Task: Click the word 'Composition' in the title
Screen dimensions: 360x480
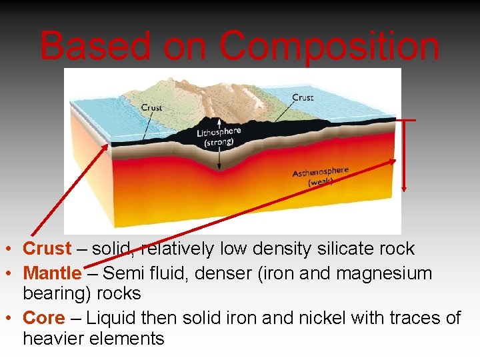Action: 329,47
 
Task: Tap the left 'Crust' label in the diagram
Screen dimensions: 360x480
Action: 151,107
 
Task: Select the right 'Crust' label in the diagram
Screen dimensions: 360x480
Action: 303,97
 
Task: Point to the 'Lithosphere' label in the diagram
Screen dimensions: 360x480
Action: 219,132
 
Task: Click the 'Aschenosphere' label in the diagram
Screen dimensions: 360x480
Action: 321,172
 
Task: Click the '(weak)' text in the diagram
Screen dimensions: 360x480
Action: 321,181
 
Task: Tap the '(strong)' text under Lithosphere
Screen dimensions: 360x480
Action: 219,142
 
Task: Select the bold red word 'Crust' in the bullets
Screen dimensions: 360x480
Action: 47,249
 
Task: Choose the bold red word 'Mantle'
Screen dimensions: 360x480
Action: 52,273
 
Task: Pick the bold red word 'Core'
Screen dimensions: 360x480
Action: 44,318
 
